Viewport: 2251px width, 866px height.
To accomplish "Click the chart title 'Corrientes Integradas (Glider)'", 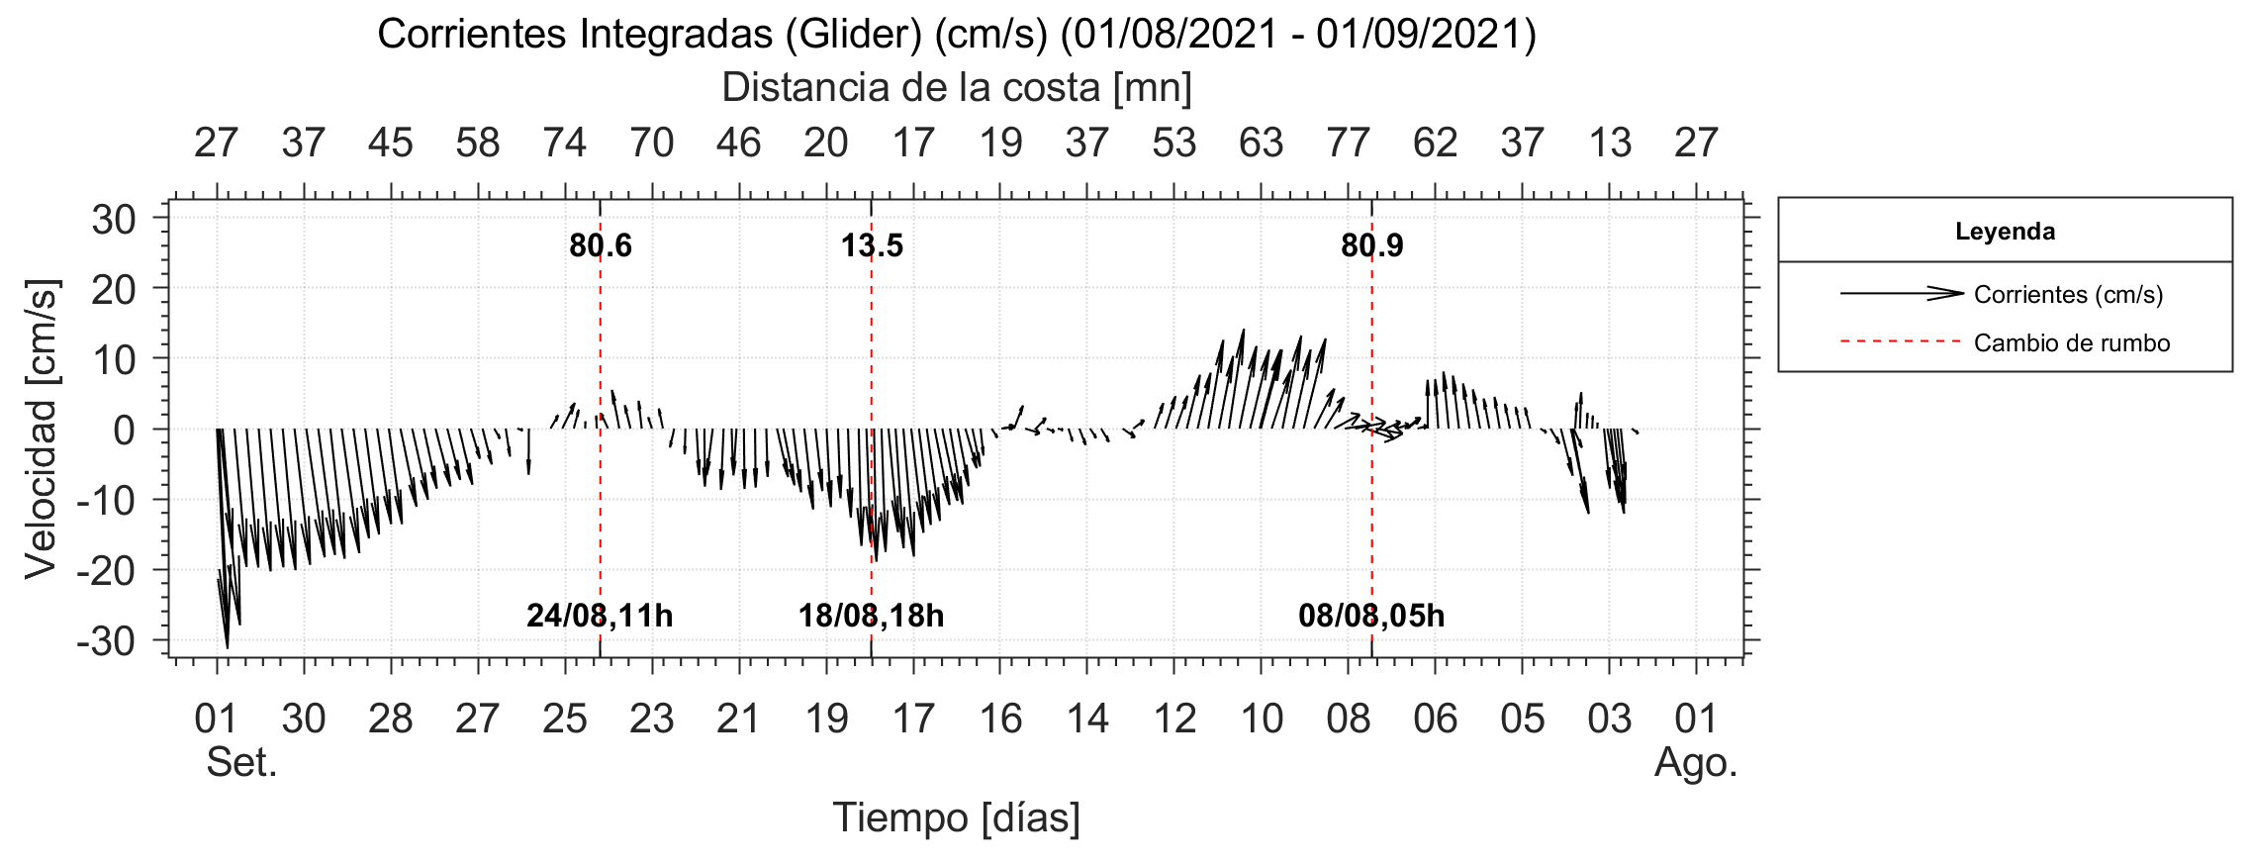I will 956,35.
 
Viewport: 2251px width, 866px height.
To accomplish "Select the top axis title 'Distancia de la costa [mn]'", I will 956,88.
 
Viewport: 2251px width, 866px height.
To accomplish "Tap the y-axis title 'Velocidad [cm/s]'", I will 42,429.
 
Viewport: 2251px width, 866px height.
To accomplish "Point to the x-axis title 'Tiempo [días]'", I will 956,818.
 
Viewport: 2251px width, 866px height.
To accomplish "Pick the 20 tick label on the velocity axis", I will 114,289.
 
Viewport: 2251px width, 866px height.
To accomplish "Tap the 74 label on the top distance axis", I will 564,144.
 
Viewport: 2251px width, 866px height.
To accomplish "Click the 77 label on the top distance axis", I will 1348,144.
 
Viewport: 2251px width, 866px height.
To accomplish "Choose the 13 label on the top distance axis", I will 1609,144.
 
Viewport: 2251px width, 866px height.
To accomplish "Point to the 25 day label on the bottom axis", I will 564,720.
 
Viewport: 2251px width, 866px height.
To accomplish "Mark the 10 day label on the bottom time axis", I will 1261,720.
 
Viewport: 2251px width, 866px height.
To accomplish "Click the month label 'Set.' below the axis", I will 241,763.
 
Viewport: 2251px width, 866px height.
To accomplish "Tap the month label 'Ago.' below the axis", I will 1696,763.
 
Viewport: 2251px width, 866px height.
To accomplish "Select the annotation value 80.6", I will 600,245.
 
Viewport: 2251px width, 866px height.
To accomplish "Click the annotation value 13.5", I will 872,245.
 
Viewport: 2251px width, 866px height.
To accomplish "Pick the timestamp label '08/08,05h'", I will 1371,616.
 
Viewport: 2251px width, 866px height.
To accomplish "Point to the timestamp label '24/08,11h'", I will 600,616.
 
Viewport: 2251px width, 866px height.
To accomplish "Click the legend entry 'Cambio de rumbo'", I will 2071,343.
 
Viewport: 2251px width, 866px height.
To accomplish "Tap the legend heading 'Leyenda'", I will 2005,232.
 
